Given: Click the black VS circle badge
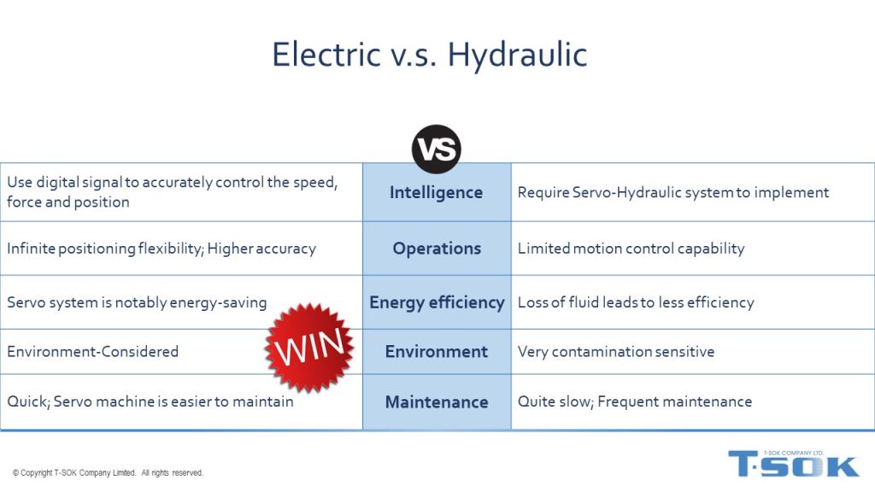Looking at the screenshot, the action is (x=437, y=149).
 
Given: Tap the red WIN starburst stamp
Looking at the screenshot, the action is (x=309, y=347).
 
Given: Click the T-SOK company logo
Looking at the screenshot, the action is (x=794, y=464).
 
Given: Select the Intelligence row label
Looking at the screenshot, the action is (x=436, y=192).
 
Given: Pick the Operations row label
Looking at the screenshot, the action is (x=437, y=249).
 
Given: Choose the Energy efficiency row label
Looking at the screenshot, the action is (x=437, y=302).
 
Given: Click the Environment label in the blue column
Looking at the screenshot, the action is (x=437, y=351).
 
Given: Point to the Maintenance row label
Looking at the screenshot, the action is (x=437, y=401).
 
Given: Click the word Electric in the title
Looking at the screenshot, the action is (x=326, y=54).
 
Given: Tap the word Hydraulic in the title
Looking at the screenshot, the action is (x=517, y=56).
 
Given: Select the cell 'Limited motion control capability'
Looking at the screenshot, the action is (x=631, y=249).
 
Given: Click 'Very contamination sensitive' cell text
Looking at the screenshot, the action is (x=616, y=351).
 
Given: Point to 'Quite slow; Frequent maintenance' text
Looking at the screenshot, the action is (x=635, y=401).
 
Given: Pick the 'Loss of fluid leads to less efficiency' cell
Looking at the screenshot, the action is (x=636, y=302).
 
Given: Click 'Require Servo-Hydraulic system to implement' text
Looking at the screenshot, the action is (x=673, y=192).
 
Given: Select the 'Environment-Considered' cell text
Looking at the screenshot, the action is (x=92, y=351).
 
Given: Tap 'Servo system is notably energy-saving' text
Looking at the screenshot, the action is (x=137, y=302).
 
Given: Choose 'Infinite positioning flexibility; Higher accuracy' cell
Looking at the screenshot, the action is (x=161, y=249).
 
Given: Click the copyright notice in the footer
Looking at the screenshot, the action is (x=108, y=472).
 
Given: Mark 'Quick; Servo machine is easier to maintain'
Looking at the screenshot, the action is (x=150, y=401).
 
